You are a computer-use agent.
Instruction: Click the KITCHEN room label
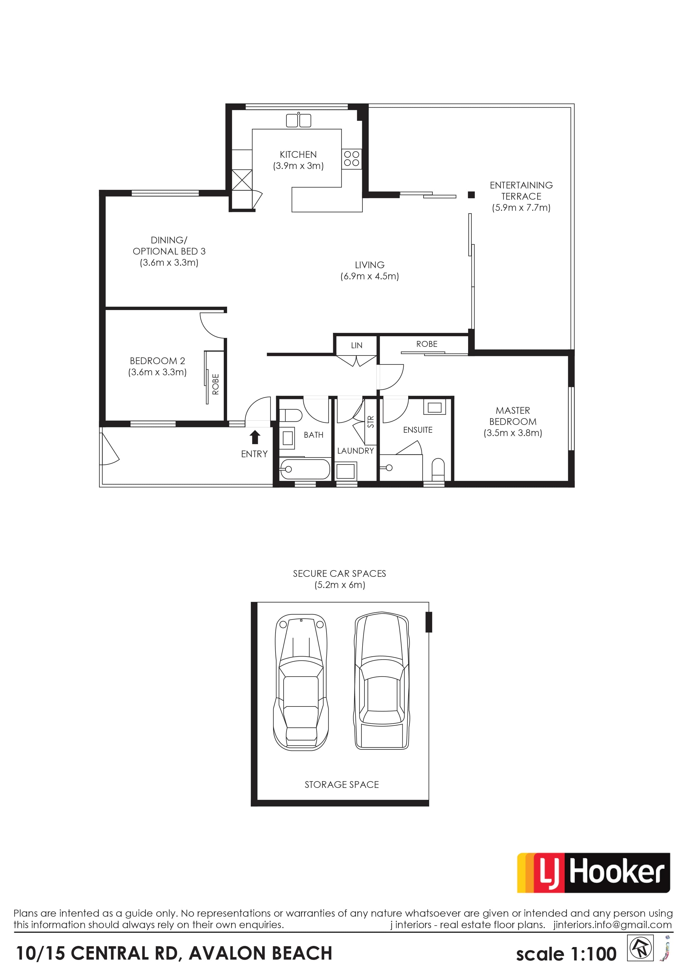[x=298, y=155]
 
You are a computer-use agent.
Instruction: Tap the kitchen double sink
[x=298, y=120]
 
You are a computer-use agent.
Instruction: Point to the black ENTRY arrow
[x=255, y=437]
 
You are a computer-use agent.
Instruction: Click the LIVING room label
[x=369, y=265]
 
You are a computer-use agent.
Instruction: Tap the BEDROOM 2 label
[x=157, y=361]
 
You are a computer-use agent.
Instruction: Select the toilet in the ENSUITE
[x=438, y=469]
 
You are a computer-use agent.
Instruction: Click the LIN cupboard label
[x=357, y=345]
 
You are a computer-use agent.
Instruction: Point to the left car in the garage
[x=301, y=682]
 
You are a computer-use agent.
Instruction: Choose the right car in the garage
[x=382, y=681]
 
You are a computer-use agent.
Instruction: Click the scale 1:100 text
[x=566, y=954]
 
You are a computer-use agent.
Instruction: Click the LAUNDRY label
[x=356, y=451]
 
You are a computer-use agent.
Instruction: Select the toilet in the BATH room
[x=291, y=415]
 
